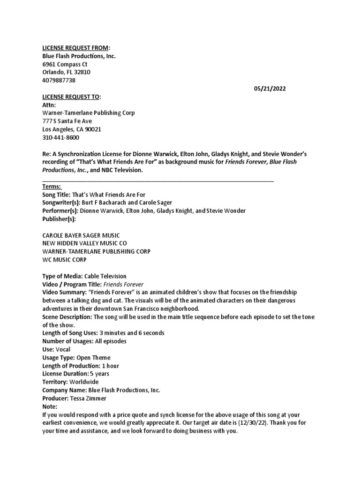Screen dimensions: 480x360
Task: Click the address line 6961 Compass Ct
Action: [65, 64]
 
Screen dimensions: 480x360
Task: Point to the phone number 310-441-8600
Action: [61, 137]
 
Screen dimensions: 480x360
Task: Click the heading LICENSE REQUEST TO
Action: [71, 97]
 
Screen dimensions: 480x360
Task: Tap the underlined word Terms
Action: [52, 187]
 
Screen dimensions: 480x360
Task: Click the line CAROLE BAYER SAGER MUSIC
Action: [81, 235]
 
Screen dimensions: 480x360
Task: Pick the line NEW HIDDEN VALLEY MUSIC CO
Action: [84, 243]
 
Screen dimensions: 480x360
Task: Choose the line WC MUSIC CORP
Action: [64, 259]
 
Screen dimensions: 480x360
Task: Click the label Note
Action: [50, 406]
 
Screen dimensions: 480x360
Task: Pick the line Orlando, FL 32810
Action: [66, 72]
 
